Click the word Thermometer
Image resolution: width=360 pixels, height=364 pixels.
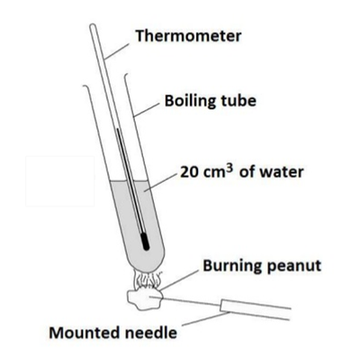pos(188,36)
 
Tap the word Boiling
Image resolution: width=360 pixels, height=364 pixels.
pos(190,102)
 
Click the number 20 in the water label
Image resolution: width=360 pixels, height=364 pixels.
pos(188,172)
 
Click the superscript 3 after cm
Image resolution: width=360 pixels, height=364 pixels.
pos(229,168)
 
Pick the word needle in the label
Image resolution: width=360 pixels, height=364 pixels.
pos(148,332)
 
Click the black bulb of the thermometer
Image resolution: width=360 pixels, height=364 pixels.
pos(145,242)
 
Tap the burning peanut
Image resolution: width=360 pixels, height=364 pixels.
pos(145,298)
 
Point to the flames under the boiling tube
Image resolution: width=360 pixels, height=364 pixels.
pos(147,278)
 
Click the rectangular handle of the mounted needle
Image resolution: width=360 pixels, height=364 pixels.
pos(255,309)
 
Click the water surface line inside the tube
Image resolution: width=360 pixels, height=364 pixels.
pos(129,181)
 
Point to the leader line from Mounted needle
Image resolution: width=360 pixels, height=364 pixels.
pos(206,319)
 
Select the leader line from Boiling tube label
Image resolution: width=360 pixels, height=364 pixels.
pos(147,109)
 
